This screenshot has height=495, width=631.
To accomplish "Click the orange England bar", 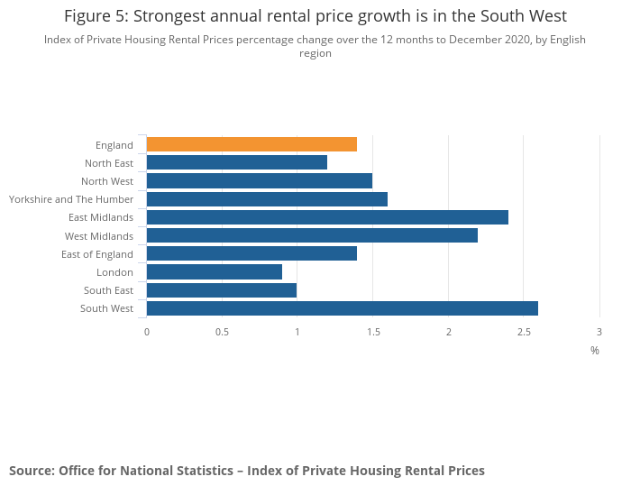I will [x=251, y=144].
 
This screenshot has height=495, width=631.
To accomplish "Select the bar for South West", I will [x=342, y=308].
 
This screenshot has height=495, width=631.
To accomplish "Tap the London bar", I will [x=214, y=271].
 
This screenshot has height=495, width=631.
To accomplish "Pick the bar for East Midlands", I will [x=326, y=217].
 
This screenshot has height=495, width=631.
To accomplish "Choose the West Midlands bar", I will [x=311, y=235].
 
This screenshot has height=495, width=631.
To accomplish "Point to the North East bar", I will [x=236, y=162].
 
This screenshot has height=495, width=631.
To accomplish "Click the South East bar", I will [x=221, y=290].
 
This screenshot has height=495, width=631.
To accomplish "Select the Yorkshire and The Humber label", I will [x=71, y=199].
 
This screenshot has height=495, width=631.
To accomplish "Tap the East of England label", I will [x=97, y=254].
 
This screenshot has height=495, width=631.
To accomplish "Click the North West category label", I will [x=107, y=181].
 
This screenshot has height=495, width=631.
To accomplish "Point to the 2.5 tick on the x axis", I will [x=524, y=332].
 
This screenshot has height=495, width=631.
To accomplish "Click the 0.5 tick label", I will [x=222, y=332].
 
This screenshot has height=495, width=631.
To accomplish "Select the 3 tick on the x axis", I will [x=599, y=332].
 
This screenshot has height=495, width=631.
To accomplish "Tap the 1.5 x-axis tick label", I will [x=372, y=332].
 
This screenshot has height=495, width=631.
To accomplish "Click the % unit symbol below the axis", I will [x=594, y=350].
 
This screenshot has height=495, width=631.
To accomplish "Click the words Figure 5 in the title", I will [x=96, y=16].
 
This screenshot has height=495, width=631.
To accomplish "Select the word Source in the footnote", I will [x=31, y=471].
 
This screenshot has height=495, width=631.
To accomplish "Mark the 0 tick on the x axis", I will [x=147, y=332].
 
